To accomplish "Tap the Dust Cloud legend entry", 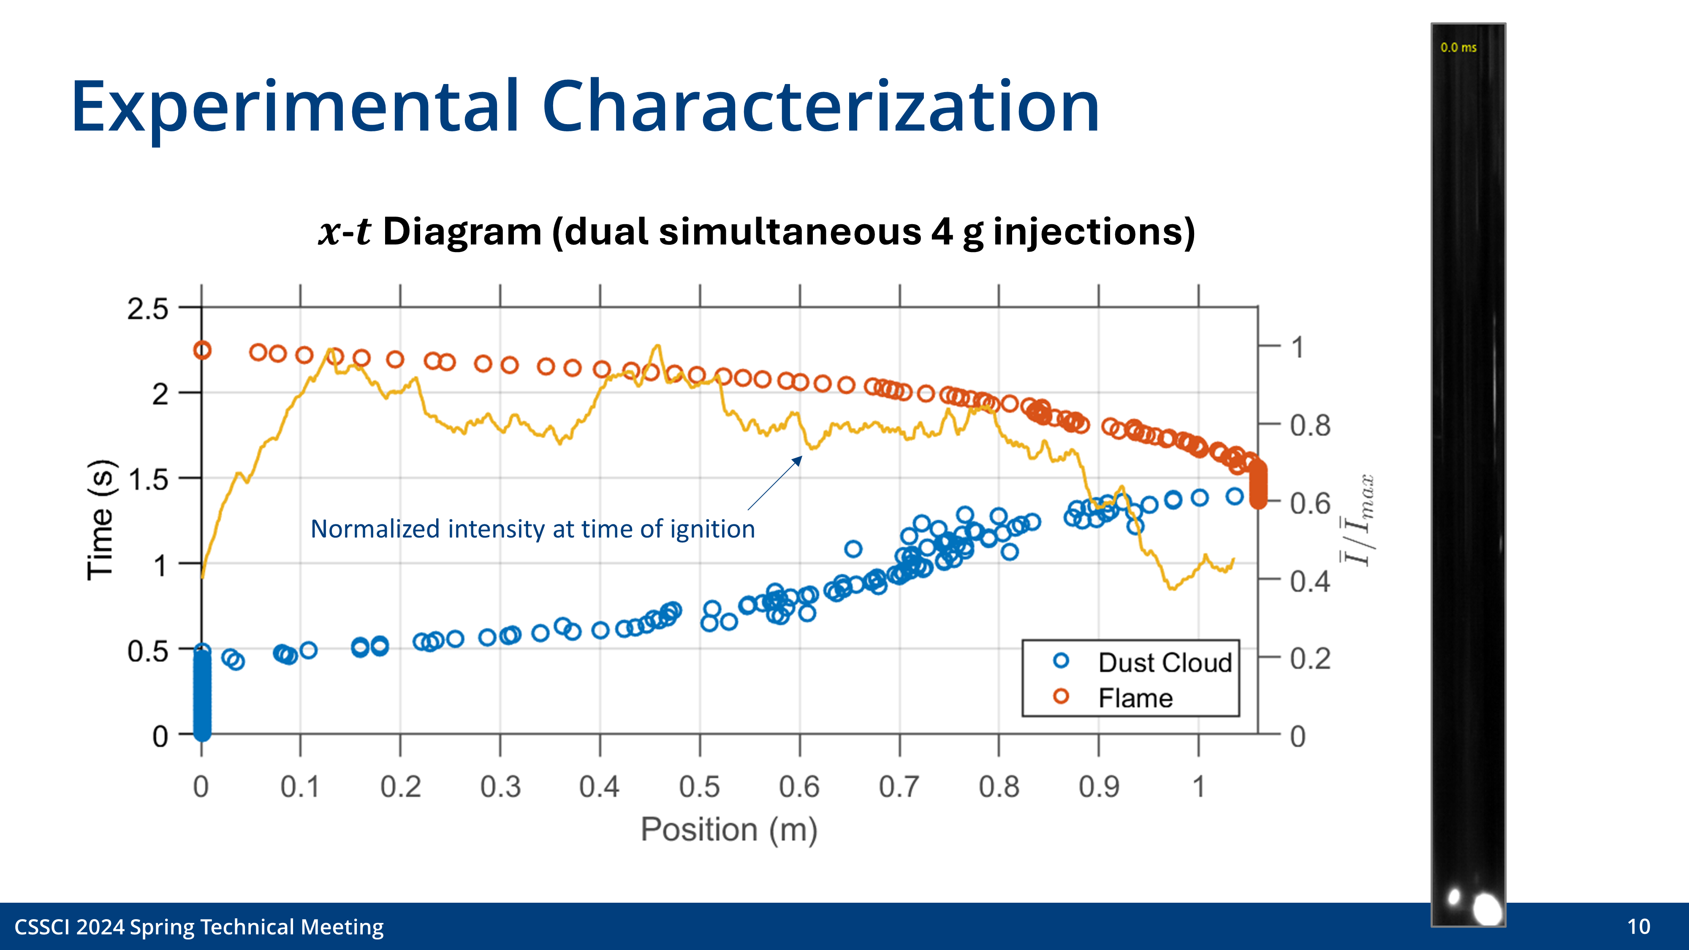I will point(1165,663).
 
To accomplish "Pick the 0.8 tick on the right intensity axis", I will point(1309,426).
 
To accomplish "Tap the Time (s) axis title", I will point(101,520).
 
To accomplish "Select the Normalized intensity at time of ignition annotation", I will point(532,529).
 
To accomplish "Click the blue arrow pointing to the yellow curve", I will point(775,483).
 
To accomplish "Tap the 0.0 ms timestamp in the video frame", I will point(1458,47).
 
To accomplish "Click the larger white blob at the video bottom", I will point(1487,909).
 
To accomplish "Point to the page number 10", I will point(1638,926).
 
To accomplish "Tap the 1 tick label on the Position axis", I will point(1198,787).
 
